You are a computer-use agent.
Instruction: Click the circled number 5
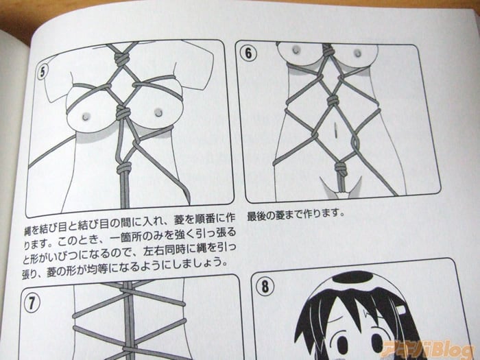tap(43, 72)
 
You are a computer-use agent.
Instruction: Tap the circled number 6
tap(248, 53)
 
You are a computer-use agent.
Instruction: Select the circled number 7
tap(32, 303)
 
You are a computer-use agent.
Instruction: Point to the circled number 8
tap(265, 287)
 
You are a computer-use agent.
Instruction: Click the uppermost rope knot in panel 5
tap(121, 58)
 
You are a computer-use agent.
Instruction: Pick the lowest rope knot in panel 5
tap(124, 168)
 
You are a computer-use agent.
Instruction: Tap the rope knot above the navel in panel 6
tap(332, 100)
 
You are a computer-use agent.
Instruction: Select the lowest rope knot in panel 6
tap(341, 169)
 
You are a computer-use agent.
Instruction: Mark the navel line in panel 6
tap(335, 130)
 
